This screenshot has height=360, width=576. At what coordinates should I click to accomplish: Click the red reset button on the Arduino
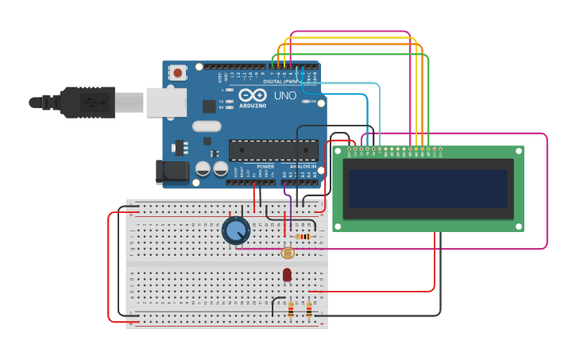[177, 73]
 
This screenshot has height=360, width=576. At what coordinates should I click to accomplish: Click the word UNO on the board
[284, 95]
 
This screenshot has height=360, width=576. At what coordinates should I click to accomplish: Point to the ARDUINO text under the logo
[253, 105]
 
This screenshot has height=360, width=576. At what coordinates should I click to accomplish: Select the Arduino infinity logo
[253, 95]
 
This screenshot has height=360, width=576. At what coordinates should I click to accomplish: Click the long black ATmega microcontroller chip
[273, 150]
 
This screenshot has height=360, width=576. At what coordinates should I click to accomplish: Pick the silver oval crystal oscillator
[206, 126]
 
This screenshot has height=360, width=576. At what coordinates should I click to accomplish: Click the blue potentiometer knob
[236, 230]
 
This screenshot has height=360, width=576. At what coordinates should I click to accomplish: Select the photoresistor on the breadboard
[288, 253]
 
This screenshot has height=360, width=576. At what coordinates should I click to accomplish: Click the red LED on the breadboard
[287, 275]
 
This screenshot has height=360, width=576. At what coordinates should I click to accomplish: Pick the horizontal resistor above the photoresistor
[303, 236]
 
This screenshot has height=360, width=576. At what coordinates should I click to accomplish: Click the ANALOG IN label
[302, 167]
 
